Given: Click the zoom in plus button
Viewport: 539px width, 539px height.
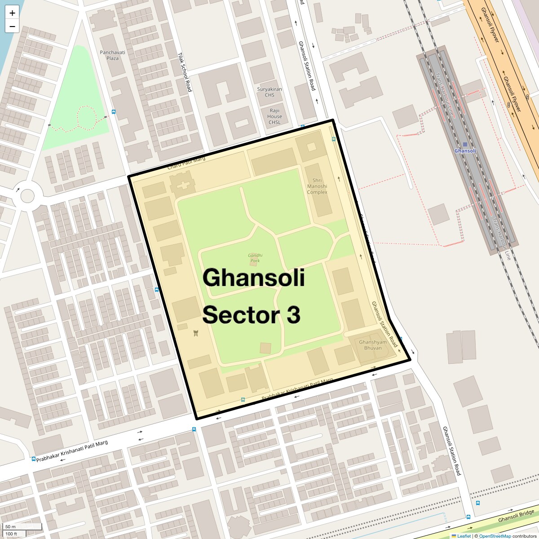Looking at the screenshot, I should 12,13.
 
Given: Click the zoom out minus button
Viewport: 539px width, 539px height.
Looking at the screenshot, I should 12,26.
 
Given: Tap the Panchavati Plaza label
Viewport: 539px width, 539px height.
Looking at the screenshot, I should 112,55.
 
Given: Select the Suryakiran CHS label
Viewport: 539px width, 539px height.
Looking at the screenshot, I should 269,92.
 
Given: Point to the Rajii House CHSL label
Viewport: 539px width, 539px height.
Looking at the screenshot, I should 274,116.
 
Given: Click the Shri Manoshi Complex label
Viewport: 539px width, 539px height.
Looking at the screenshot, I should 317,186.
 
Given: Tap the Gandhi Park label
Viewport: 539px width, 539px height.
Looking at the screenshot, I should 255,258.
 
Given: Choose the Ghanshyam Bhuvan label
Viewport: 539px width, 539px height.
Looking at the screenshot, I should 373,345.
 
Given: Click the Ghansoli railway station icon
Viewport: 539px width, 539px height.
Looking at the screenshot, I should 465,145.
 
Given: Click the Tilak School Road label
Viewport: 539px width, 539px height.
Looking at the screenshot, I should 185,72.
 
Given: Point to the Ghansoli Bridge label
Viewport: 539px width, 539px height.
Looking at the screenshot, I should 516,516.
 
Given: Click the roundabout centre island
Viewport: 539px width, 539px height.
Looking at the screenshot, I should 27,196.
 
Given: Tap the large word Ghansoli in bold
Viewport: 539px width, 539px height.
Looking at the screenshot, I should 254,278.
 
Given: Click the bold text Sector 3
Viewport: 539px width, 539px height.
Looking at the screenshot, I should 251,315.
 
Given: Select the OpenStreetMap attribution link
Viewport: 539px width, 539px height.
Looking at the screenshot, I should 495,536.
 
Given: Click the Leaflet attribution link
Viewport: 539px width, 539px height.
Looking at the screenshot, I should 464,536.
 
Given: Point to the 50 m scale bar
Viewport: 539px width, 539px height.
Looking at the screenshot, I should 22,527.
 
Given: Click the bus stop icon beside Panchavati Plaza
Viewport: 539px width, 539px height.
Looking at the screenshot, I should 114,112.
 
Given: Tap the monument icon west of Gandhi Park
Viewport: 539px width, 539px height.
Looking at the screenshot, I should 195,333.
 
